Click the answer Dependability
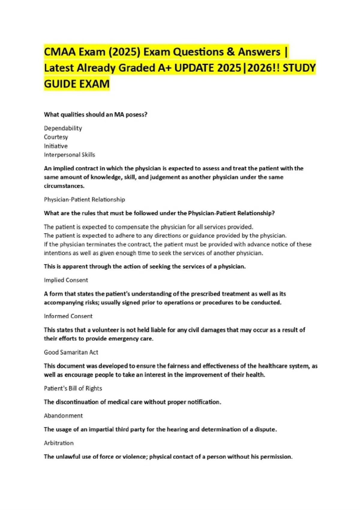pos(63,128)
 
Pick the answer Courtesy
pos(56,137)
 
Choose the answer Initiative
pos(56,146)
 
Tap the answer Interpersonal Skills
pos(69,155)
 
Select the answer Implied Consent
pos(66,280)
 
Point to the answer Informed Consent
pos(68,316)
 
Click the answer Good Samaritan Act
pos(71,352)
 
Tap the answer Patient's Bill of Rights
pos(73,388)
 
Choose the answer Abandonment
pos(63,416)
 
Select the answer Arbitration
pos(59,443)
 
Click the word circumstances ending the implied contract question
pos(64,186)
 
